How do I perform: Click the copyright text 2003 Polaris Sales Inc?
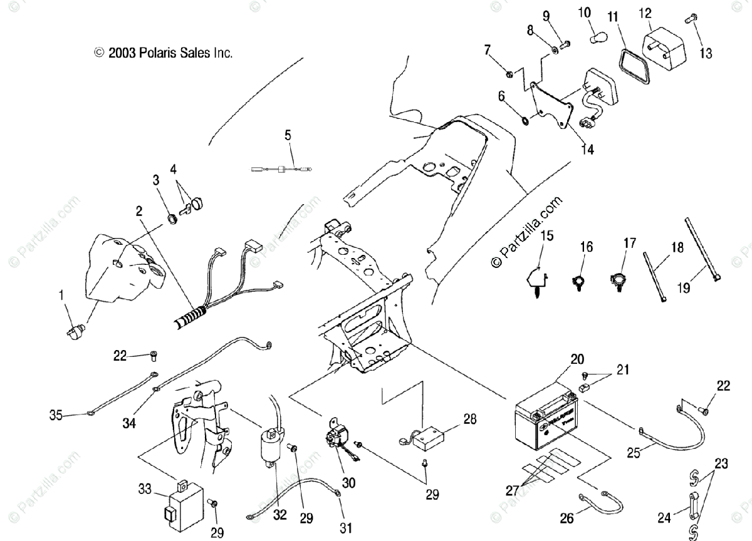point(164,53)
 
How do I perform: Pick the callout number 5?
point(288,134)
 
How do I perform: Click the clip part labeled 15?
point(535,279)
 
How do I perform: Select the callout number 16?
point(586,247)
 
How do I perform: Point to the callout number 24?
point(664,517)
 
